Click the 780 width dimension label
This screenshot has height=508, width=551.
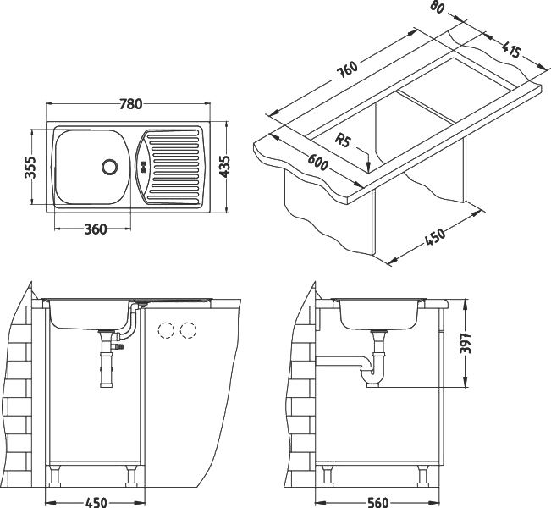130,104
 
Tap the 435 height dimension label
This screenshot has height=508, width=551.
223,166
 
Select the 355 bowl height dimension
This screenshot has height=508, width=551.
30,168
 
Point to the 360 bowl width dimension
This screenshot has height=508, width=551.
96,229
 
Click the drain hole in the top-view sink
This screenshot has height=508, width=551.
110,166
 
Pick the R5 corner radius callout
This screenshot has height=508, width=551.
343,141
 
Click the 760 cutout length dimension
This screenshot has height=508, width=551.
347,69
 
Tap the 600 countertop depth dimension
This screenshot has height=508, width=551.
318,163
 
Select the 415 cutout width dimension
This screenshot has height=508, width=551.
510,50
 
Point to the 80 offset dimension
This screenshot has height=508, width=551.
437,7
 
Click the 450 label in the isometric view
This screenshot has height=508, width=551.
435,236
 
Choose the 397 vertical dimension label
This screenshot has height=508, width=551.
465,343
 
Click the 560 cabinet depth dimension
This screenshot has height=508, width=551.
377,502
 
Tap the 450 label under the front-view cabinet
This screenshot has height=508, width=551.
96,502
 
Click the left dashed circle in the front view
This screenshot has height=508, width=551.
166,330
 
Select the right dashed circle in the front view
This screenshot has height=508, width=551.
188,330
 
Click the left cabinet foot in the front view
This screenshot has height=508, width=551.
55,476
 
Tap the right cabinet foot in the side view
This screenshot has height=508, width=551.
422,476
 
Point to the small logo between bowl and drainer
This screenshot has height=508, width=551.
143,167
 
